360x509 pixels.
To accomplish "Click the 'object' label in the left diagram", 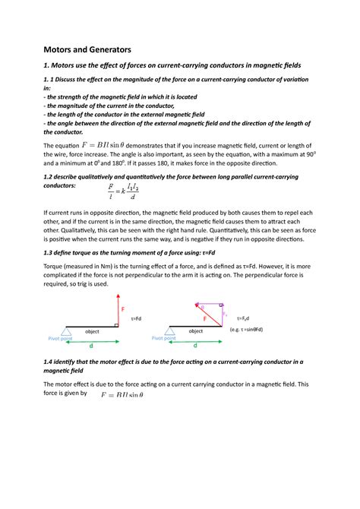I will coord(93,331).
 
